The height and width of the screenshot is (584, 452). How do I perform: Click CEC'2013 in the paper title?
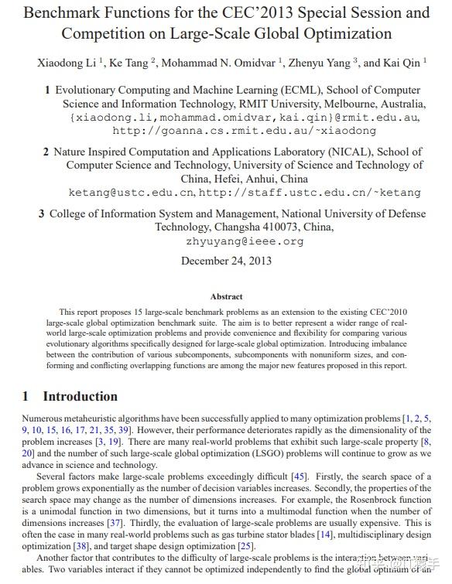233,13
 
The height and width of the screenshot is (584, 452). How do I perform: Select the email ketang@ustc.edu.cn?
132,192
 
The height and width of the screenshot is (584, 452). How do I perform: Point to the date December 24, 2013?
226,261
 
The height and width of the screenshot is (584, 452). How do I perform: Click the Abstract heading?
226,296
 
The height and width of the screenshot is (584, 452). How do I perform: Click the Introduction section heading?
80,396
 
